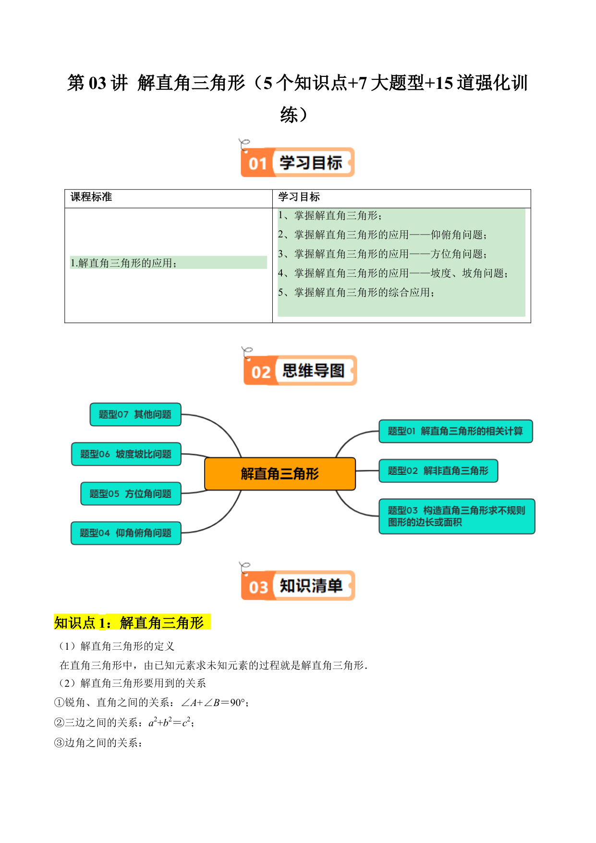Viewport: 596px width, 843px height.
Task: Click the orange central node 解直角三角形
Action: point(280,474)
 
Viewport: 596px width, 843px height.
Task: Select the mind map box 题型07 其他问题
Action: point(135,414)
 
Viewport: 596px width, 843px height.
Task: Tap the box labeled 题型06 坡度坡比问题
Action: point(126,454)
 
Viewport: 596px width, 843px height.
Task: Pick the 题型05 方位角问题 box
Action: point(131,494)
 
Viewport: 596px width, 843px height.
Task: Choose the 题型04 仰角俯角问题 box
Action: point(126,533)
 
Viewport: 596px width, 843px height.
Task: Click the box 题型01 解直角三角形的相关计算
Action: point(456,431)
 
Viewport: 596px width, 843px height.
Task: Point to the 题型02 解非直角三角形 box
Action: point(438,471)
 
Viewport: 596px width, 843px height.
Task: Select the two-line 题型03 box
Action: point(457,516)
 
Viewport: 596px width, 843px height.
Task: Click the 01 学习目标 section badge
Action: point(297,162)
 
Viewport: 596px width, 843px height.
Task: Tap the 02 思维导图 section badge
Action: point(300,371)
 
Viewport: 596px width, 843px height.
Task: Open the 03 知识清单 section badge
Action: point(298,585)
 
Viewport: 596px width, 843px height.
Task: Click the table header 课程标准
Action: point(91,197)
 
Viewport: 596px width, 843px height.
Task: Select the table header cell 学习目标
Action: point(299,197)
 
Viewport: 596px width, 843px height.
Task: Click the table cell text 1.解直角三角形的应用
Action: point(124,263)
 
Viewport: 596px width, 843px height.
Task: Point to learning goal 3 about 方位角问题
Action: point(383,254)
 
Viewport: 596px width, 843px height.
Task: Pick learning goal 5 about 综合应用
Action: point(356,292)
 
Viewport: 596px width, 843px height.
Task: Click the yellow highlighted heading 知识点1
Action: point(132,622)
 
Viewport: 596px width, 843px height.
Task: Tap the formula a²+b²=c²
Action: point(171,722)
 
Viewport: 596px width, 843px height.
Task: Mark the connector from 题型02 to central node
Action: point(367,471)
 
